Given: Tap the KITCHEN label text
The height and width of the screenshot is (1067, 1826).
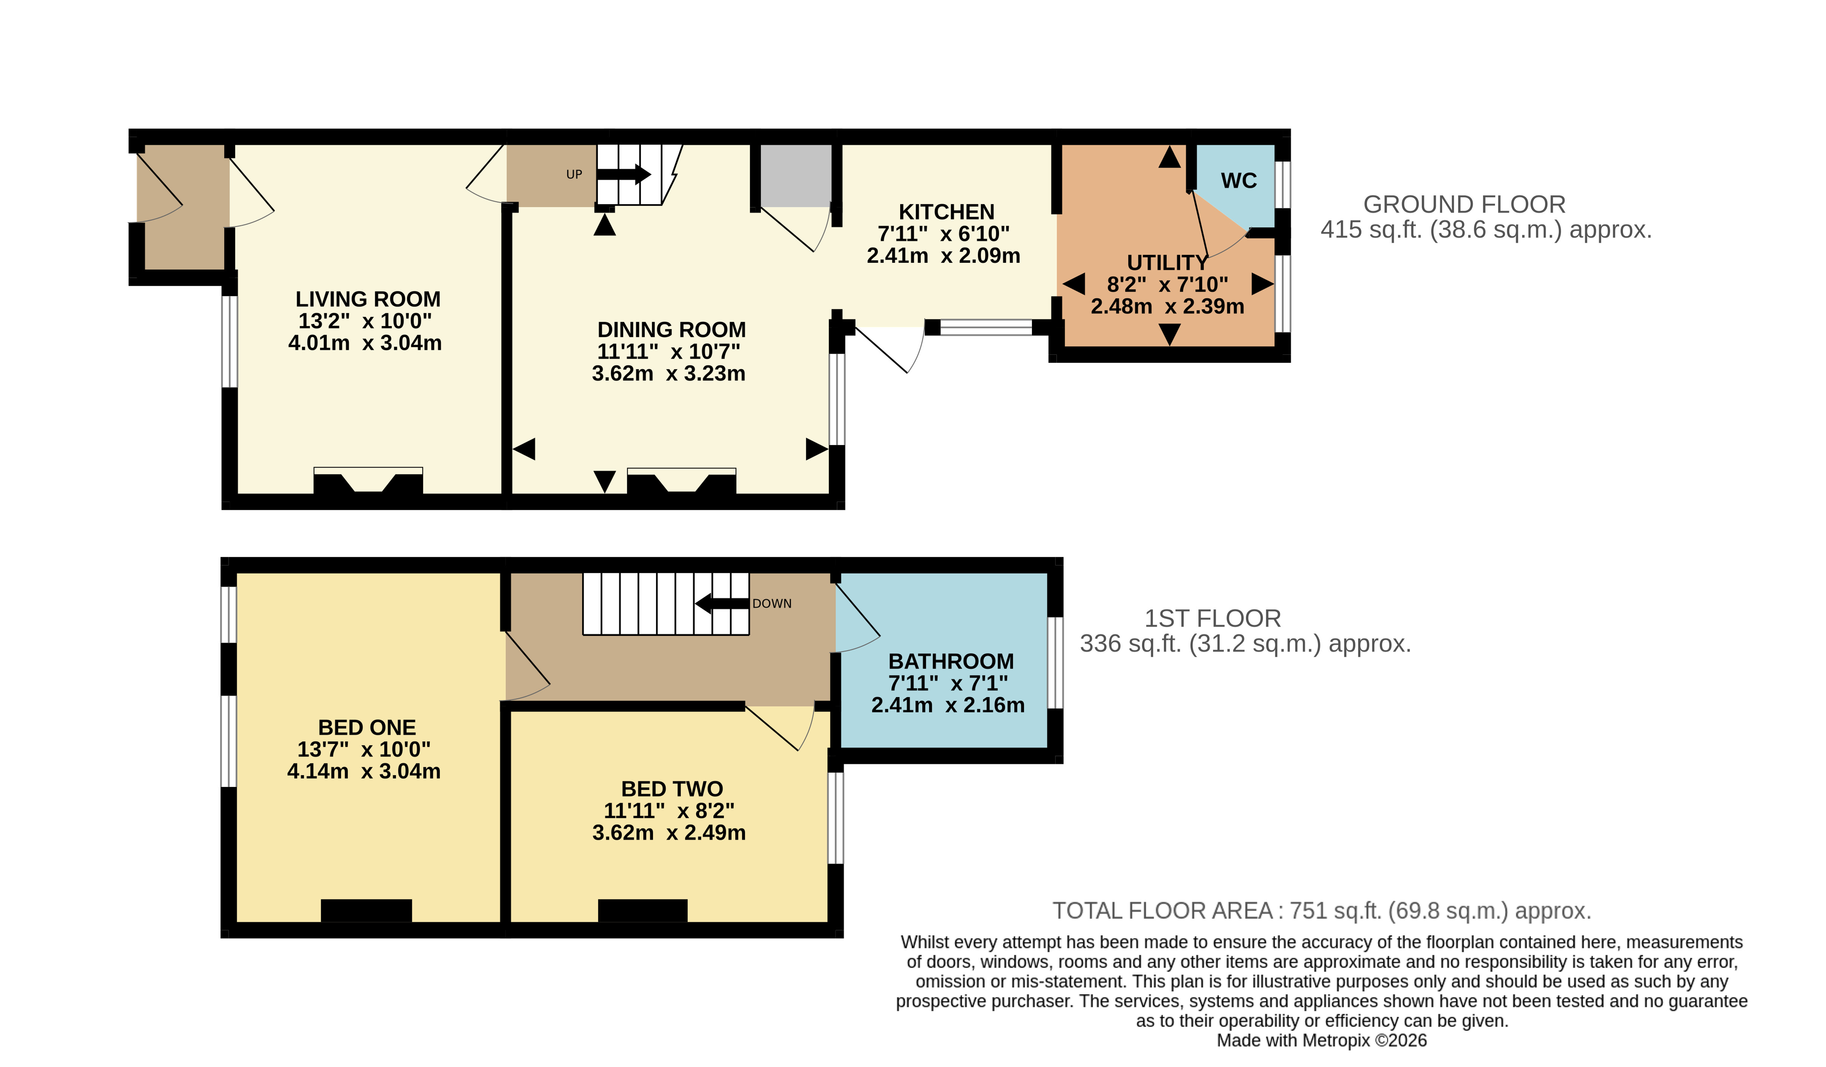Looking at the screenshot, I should pos(946,212).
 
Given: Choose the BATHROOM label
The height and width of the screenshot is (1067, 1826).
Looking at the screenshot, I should pos(951,661).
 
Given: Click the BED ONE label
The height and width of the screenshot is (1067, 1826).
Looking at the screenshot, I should pos(366,727).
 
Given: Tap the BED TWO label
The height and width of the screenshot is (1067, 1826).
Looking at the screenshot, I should pos(672,789).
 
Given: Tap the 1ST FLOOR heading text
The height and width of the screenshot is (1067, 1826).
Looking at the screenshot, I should pos(1212,619).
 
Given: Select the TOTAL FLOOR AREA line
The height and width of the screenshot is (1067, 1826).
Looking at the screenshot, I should pos(1321,910).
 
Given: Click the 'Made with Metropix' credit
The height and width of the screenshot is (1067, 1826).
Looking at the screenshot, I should pos(1321,1041).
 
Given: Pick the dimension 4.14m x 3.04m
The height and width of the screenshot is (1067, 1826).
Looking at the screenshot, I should pos(364,771).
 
